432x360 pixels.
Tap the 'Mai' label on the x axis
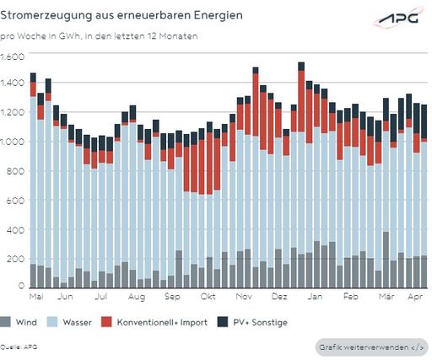tap(36, 298)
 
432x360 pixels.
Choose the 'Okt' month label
tap(208, 298)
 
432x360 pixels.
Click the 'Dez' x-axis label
tap(278, 298)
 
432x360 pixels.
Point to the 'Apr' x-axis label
tap(415, 298)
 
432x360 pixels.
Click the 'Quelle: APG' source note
tap(19, 347)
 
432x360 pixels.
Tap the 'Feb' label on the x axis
tap(351, 298)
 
